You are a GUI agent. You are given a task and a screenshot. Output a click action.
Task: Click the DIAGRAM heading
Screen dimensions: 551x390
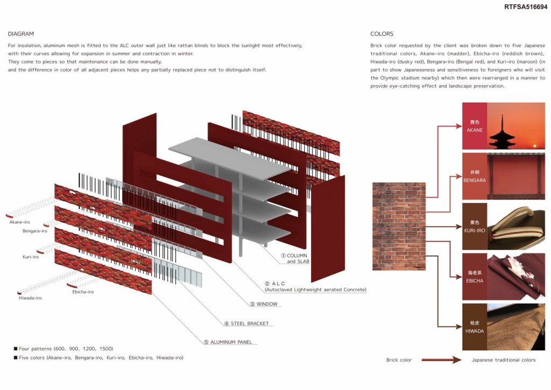pos(21,34)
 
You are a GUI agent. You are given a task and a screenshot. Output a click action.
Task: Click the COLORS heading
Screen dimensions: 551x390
pos(382,34)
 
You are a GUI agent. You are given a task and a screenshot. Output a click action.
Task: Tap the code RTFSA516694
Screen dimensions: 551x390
pos(526,6)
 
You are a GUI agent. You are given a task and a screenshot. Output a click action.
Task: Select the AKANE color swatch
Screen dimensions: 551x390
pos(475,126)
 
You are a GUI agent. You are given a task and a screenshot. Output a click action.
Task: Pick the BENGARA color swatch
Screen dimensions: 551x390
pos(475,176)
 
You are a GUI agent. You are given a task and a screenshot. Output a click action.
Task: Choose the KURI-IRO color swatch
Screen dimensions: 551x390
pos(475,226)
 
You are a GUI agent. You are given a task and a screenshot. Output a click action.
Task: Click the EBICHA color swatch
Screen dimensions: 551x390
pos(475,276)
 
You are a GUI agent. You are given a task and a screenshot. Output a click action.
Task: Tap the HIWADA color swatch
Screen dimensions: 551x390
pos(475,327)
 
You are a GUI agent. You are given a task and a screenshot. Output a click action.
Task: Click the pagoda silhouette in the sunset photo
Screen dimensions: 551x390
pos(504,132)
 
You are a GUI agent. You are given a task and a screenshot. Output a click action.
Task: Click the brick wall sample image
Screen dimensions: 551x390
pos(399,226)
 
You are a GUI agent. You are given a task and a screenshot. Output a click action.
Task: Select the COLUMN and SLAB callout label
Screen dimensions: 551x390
pos(295,258)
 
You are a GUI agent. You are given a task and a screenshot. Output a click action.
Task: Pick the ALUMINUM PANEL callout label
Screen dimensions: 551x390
pos(228,342)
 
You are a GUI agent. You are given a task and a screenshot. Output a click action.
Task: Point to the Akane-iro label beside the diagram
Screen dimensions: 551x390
pos(20,222)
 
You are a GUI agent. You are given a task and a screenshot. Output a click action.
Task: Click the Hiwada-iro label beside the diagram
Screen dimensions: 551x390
pos(30,298)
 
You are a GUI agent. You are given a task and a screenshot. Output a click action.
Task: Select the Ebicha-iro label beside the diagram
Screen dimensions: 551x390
pos(83,292)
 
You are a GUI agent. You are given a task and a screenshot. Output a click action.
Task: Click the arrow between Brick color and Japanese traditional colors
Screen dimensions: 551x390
pos(441,360)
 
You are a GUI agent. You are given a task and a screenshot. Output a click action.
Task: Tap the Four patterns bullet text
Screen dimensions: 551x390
pos(63,349)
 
